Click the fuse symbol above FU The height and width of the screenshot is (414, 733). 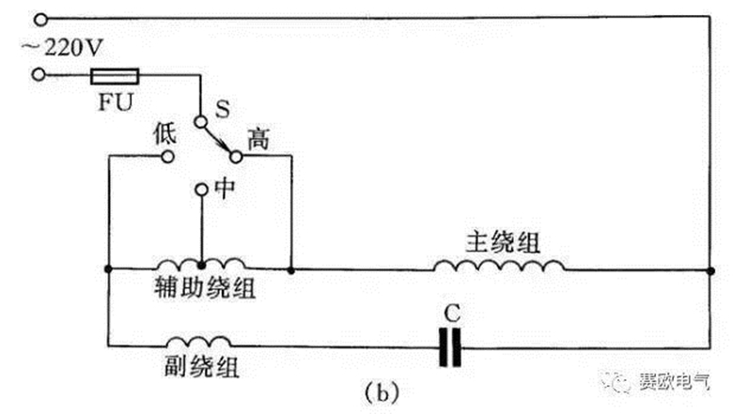coord(115,74)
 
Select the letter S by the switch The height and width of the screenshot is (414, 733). coord(224,111)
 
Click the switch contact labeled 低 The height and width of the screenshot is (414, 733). coord(168,157)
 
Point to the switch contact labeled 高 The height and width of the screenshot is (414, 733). coord(236,157)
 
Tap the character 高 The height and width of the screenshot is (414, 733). coord(257,138)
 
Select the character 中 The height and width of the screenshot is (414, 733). coord(226,188)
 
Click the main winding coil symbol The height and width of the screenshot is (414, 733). coord(498,266)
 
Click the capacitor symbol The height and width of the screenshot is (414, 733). coord(451,347)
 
